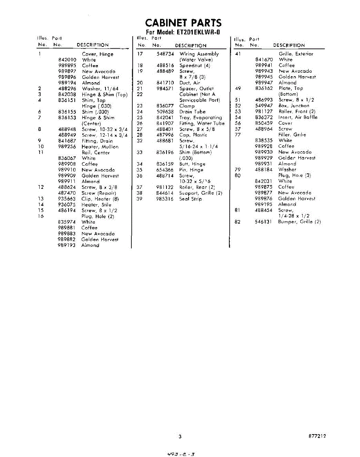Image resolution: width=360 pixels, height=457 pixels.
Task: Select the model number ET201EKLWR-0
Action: (x=198, y=32)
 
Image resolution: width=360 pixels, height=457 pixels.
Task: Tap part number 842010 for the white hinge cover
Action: (x=67, y=60)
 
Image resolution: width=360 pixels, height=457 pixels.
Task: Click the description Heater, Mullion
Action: (x=100, y=147)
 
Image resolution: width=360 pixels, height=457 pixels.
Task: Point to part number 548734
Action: (x=165, y=54)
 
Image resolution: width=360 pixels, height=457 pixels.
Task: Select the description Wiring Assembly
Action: (x=199, y=54)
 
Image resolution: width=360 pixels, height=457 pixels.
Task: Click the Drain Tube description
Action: (x=192, y=112)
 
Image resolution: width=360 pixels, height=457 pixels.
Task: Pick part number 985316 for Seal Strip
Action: (x=165, y=199)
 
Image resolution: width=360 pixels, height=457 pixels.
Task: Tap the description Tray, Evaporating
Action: (x=200, y=118)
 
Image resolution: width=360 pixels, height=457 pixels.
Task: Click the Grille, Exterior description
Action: (x=296, y=54)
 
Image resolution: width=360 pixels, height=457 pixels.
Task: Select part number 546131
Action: (x=264, y=222)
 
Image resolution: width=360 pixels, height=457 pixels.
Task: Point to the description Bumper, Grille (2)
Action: (x=299, y=222)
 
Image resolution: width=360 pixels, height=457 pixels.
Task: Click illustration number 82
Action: (x=238, y=222)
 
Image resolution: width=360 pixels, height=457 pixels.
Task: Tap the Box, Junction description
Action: (x=294, y=106)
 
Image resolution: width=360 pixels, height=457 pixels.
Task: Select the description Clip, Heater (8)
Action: (x=100, y=199)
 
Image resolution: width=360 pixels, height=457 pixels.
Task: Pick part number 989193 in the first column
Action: (x=67, y=245)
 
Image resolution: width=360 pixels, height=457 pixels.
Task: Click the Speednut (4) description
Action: (x=195, y=66)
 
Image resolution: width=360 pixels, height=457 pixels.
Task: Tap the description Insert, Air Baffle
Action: (x=298, y=117)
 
